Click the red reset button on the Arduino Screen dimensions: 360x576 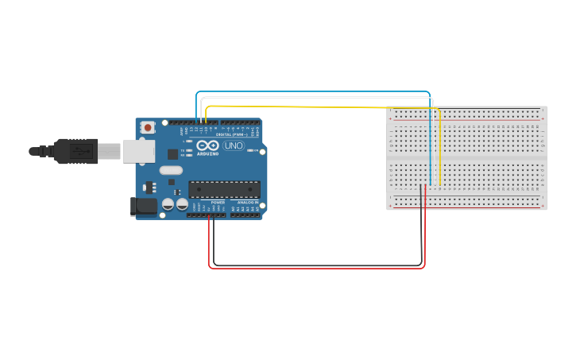[148, 127]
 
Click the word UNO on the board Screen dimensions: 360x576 [234, 146]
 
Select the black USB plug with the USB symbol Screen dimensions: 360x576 [75, 150]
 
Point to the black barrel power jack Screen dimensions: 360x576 [143, 206]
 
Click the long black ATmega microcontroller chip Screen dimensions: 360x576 [224, 189]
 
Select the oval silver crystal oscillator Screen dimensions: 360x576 [171, 169]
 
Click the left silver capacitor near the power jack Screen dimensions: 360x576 [168, 204]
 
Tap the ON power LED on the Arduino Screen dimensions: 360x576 [251, 150]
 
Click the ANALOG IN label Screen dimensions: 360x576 [246, 203]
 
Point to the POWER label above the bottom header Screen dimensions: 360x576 [218, 203]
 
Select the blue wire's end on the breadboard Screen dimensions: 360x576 [430, 184]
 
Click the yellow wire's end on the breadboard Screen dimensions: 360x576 [440, 184]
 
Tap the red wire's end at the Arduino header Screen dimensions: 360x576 [209, 215]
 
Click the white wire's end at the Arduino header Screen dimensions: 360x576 [201, 122]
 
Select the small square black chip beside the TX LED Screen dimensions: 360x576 [172, 154]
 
